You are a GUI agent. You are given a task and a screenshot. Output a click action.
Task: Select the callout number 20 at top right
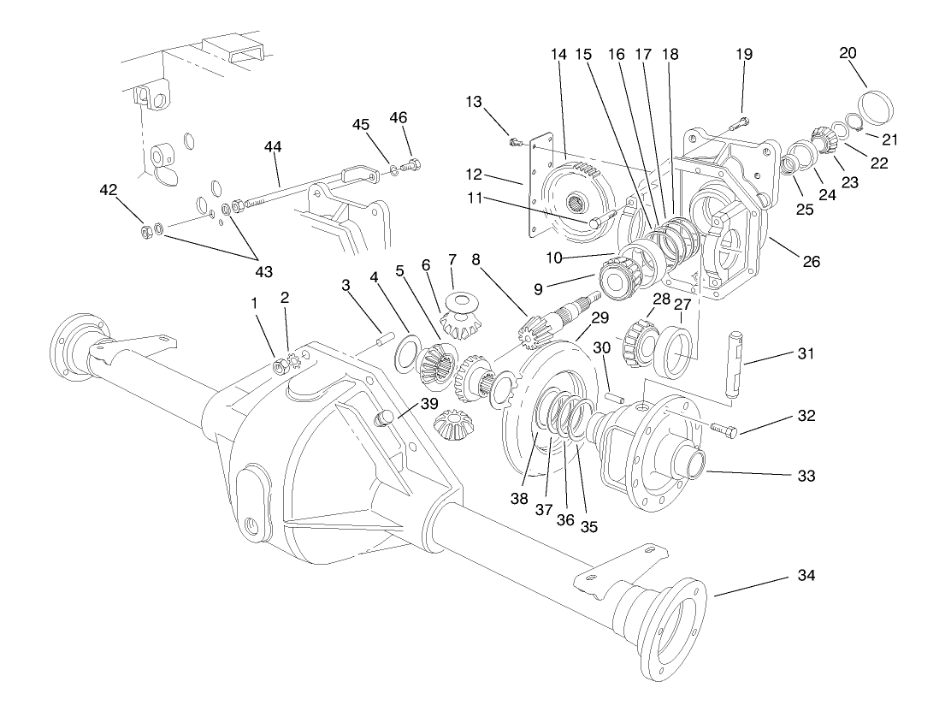[848, 53]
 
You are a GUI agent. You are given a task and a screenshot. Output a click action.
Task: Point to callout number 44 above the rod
[273, 147]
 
